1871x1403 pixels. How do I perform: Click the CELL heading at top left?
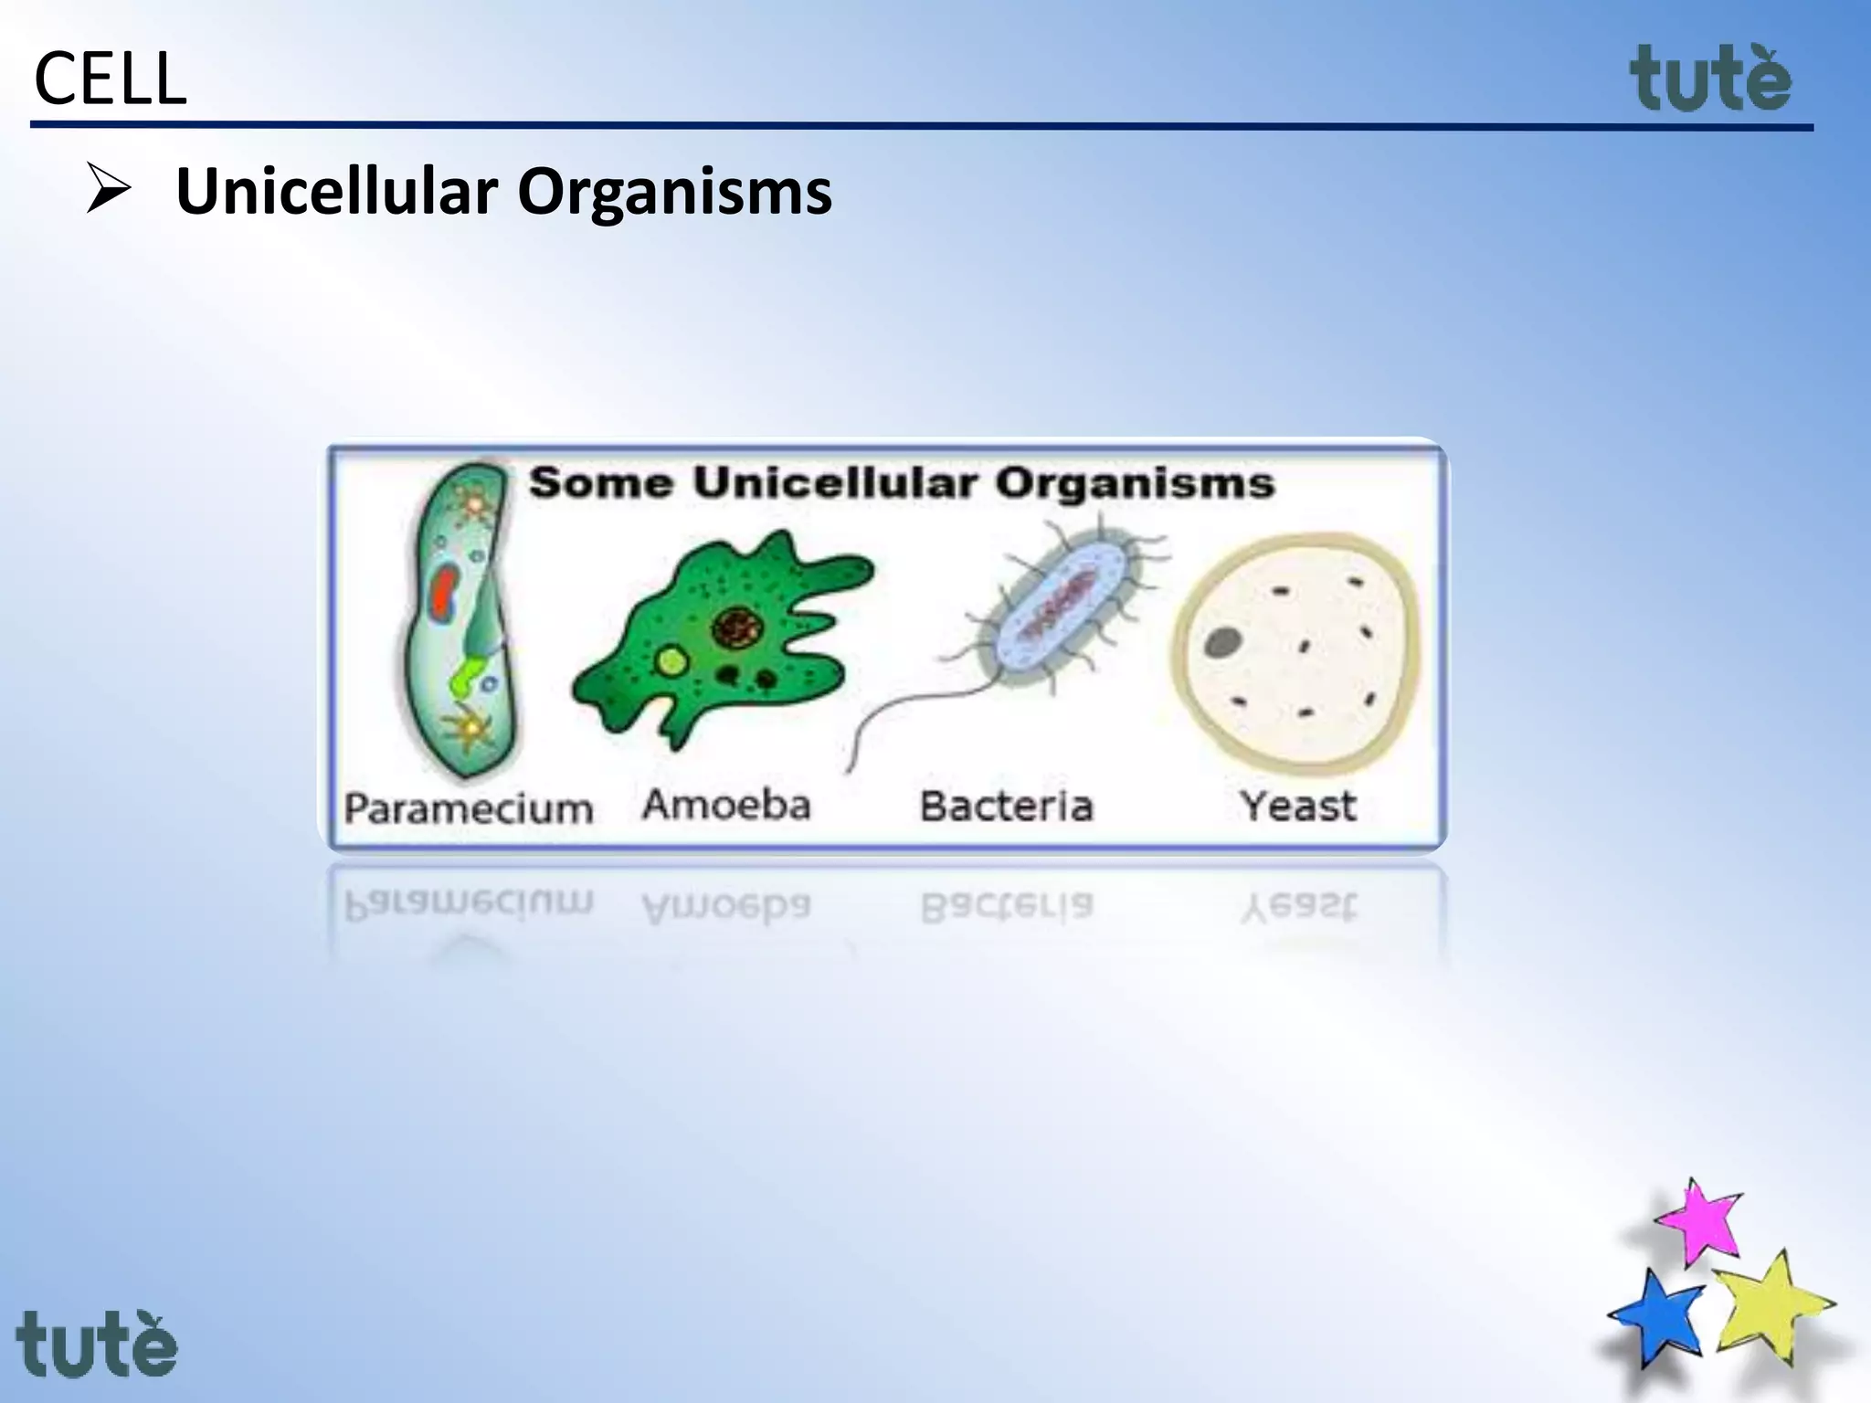pyautogui.click(x=110, y=80)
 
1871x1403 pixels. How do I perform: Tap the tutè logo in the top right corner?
pyautogui.click(x=1710, y=80)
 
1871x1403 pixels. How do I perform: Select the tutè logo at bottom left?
pyautogui.click(x=97, y=1345)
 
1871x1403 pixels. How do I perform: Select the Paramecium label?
pyautogui.click(x=468, y=809)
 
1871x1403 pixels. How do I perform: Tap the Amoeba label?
pyautogui.click(x=726, y=806)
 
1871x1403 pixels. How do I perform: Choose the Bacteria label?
pyautogui.click(x=1006, y=807)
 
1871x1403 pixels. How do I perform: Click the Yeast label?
pyautogui.click(x=1297, y=807)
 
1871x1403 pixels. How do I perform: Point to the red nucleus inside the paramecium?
pyautogui.click(x=445, y=594)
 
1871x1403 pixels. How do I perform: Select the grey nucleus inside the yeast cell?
pyautogui.click(x=1222, y=643)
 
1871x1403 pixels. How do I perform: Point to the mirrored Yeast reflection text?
pyautogui.click(x=1297, y=907)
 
